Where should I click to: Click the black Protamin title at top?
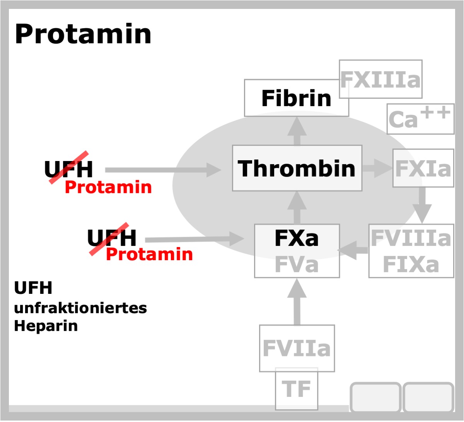click(x=83, y=34)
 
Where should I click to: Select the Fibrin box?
click(x=296, y=98)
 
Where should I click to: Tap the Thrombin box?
click(x=297, y=168)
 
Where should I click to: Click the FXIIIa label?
click(x=380, y=80)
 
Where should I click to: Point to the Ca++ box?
click(x=421, y=119)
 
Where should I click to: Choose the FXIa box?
click(x=423, y=168)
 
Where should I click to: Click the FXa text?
click(x=297, y=238)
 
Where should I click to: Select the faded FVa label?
click(x=297, y=264)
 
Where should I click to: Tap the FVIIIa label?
click(x=411, y=238)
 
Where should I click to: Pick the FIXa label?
click(x=411, y=264)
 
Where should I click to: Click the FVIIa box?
click(x=297, y=348)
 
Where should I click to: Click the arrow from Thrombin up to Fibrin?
click(x=297, y=131)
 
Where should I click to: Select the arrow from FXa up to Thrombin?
click(x=297, y=208)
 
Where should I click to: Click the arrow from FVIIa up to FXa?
click(x=297, y=302)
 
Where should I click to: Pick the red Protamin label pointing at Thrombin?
click(x=108, y=187)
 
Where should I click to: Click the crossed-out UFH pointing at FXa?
click(x=111, y=238)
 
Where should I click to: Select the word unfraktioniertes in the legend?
click(x=80, y=308)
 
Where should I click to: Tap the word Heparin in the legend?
click(x=46, y=326)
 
